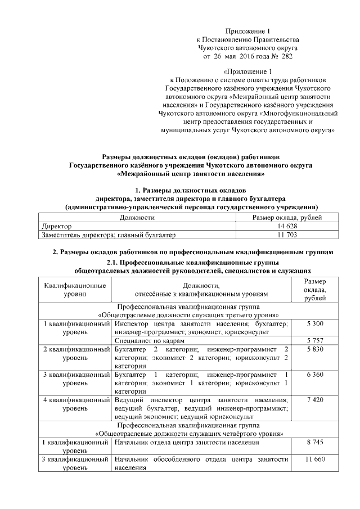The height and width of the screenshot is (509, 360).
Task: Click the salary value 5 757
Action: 314,341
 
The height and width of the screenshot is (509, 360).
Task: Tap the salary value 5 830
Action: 314,349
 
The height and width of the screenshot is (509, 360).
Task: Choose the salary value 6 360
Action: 314,375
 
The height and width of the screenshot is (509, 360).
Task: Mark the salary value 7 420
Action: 314,400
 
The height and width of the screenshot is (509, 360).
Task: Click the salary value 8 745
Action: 314,443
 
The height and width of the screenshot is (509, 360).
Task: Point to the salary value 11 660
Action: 314,460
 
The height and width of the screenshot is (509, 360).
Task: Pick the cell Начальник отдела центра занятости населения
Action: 186,443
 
